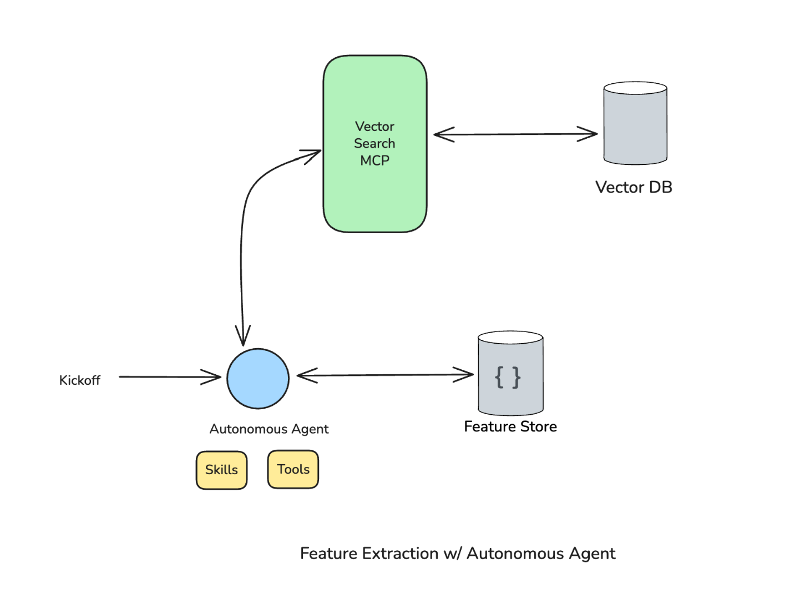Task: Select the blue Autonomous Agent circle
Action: (258, 379)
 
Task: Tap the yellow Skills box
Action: (221, 470)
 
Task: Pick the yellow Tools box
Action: (293, 469)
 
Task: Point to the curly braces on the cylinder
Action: (508, 378)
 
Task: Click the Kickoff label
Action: (80, 380)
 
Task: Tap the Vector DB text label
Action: (634, 187)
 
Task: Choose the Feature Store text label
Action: (510, 426)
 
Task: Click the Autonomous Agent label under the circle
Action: (269, 429)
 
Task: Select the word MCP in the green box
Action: (374, 160)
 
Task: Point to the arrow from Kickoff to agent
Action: (166, 377)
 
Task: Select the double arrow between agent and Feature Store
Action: (385, 375)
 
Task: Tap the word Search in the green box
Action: (374, 143)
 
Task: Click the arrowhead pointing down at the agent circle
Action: (243, 336)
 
